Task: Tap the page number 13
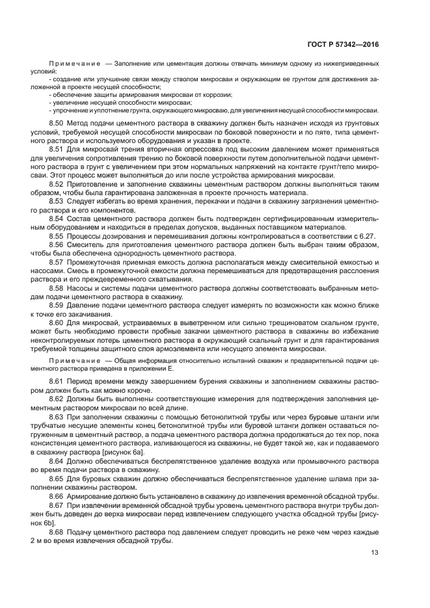click(375, 553)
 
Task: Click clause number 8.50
click(57, 122)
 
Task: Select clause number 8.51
click(57, 149)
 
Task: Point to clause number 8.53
click(57, 201)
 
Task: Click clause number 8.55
click(57, 236)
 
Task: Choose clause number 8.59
click(57, 305)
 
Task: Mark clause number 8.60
click(57, 323)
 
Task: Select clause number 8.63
click(57, 416)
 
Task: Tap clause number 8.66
click(57, 496)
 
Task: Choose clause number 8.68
click(57, 531)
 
